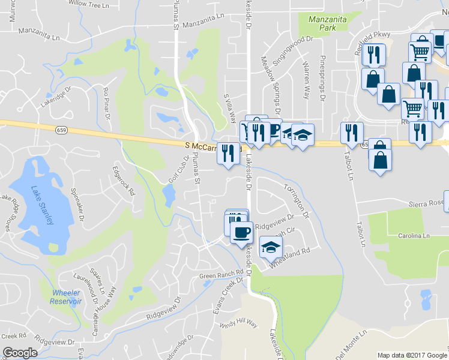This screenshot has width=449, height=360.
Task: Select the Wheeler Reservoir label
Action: [x=66, y=297]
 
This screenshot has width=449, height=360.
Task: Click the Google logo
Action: [x=20, y=353]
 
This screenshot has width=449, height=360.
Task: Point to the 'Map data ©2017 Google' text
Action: [x=412, y=355]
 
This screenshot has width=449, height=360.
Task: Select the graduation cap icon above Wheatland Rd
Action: [x=271, y=246]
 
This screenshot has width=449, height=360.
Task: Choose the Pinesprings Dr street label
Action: [x=322, y=79]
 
